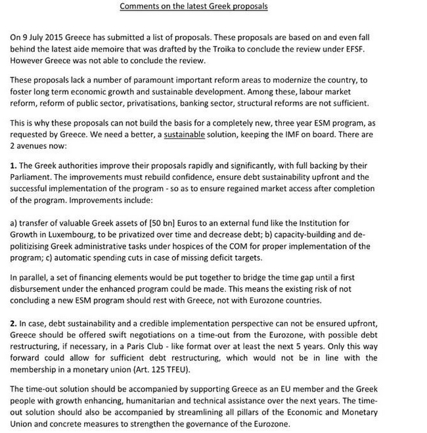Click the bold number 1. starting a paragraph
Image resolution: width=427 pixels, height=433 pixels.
point(14,166)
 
